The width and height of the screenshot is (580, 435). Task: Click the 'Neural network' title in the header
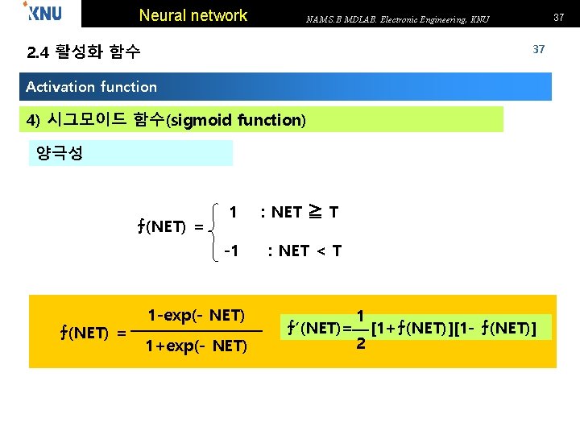coord(193,15)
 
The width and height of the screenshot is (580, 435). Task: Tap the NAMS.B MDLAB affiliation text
coord(397,19)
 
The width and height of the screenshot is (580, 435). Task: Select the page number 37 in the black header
coord(557,17)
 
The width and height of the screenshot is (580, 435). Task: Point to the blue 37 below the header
coord(539,49)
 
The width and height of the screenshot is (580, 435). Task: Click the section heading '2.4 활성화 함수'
coord(84,53)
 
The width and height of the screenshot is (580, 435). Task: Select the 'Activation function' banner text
coord(91,86)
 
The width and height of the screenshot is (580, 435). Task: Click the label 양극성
coord(60,153)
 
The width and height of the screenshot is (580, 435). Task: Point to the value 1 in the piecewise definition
coord(233,213)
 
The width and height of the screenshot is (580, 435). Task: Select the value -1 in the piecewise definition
coord(230,251)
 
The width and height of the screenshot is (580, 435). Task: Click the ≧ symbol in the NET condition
coord(315,213)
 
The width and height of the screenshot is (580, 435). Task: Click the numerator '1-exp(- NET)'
coord(196,315)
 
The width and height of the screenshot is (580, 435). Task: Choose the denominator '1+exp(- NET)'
coord(196,346)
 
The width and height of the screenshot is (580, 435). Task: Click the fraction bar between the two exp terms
coord(196,331)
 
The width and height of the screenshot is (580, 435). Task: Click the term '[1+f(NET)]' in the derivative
coord(411,328)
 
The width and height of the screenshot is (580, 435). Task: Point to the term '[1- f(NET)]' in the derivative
coord(494,328)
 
